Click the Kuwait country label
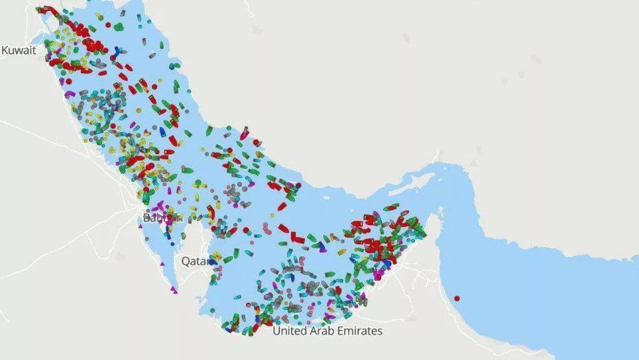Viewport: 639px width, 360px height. click(19, 50)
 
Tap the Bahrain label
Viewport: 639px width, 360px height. click(161, 218)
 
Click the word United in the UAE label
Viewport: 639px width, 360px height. click(292, 331)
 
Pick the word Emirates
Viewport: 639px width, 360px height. click(362, 331)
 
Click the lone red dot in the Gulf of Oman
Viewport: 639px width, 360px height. click(457, 298)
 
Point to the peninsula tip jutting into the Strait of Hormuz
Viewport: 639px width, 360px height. click(441, 211)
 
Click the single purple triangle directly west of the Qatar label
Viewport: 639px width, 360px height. click(163, 264)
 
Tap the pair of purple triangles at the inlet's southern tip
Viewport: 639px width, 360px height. click(174, 291)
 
